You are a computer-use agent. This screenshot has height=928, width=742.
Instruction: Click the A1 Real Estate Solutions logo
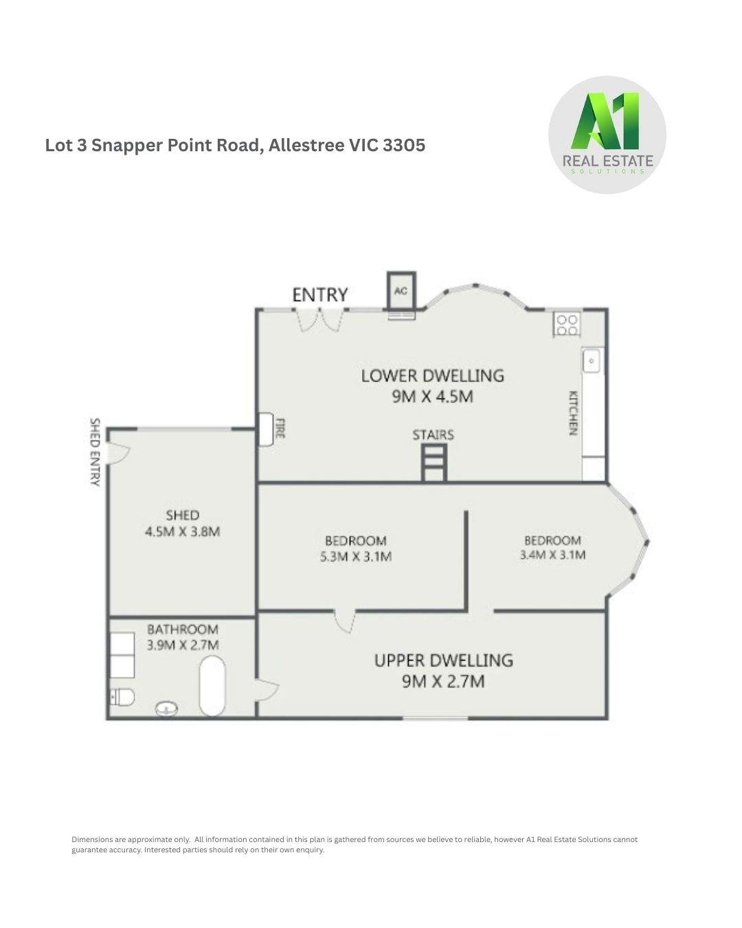[x=607, y=134]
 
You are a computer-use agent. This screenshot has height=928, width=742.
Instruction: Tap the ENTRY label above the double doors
[x=319, y=295]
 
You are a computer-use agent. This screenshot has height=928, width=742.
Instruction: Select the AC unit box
[x=401, y=291]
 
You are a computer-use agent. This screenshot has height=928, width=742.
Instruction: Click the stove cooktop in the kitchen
[x=567, y=324]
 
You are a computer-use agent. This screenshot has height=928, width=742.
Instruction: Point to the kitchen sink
[x=592, y=360]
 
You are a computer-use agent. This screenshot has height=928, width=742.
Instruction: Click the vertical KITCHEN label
[x=572, y=413]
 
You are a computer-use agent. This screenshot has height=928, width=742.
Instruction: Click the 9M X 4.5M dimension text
[x=432, y=397]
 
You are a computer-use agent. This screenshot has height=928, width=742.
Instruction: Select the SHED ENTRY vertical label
[x=95, y=452]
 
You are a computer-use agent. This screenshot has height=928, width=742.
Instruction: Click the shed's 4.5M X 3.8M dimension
[x=182, y=531]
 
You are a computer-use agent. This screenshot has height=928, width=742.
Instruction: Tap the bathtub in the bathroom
[x=212, y=685]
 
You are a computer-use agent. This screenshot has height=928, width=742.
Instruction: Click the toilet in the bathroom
[x=122, y=697]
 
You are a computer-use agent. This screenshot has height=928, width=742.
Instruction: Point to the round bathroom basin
[x=166, y=707]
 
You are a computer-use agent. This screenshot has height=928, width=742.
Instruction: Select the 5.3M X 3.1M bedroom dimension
[x=355, y=557]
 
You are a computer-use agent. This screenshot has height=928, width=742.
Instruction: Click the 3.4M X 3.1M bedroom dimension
[x=552, y=555]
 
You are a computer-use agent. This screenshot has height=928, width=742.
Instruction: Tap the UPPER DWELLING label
[x=443, y=660]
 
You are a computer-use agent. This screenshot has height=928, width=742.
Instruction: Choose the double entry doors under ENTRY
[x=319, y=320]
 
